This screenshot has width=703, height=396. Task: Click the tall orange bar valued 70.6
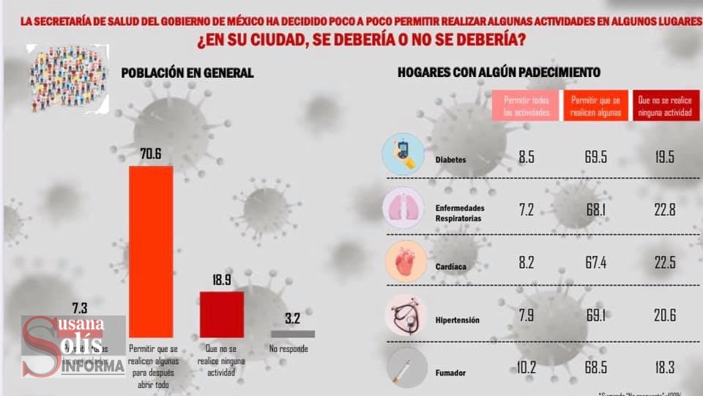click(151, 251)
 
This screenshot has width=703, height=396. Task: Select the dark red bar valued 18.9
click(221, 315)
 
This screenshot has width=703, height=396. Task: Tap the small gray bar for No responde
click(292, 334)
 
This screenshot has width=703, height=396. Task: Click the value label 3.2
click(292, 318)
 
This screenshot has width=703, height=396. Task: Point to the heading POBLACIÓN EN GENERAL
click(187, 73)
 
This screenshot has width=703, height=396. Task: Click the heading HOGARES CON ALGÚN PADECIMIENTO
click(499, 73)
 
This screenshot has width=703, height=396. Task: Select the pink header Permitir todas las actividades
click(525, 107)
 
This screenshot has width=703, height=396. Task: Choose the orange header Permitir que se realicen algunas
click(595, 107)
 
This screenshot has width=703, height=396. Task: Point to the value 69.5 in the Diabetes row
click(595, 157)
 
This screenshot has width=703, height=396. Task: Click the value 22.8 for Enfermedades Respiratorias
click(666, 210)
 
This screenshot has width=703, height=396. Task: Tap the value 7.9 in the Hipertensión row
click(527, 317)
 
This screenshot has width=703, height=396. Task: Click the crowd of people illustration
click(68, 79)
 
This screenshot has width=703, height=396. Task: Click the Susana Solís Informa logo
click(72, 345)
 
